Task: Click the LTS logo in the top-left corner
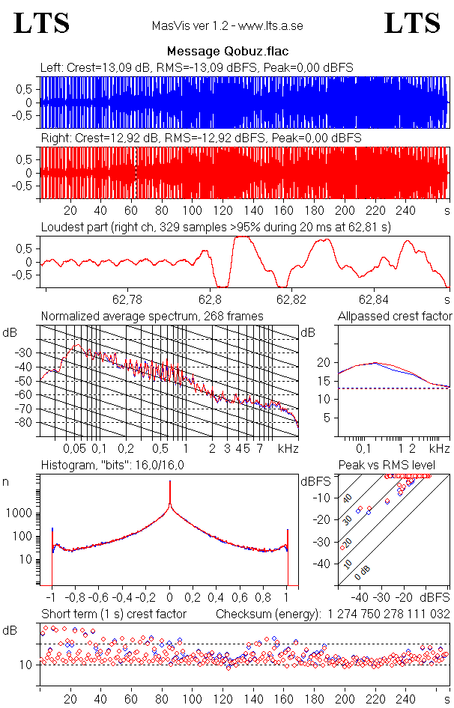coord(42,23)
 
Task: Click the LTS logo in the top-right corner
coord(412,23)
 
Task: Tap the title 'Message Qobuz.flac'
coord(227,51)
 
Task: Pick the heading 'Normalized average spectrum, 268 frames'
coord(152,316)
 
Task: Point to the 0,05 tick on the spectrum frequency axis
coord(74,448)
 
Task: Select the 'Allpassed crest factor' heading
coord(395,316)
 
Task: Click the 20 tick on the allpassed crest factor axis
coord(324,362)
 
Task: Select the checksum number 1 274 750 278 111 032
coord(389,614)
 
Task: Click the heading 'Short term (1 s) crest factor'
coord(114,614)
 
